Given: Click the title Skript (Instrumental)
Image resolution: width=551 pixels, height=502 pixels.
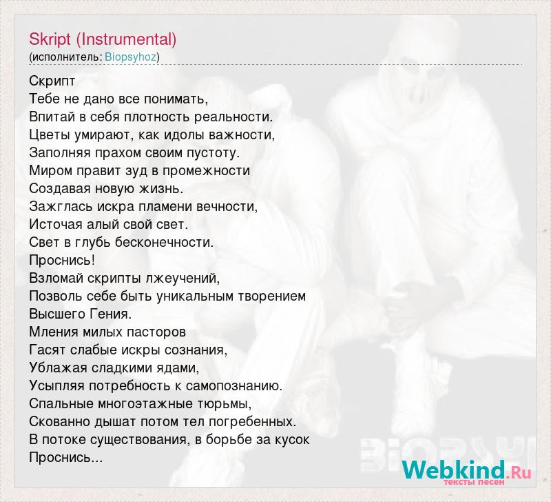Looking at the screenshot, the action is pyautogui.click(x=103, y=39).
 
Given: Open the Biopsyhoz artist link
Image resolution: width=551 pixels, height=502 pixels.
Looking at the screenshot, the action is pyautogui.click(x=130, y=57).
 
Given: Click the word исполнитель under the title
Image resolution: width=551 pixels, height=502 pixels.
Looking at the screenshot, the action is pyautogui.click(x=65, y=57).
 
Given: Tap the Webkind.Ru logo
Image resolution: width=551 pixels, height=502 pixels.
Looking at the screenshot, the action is pyautogui.click(x=467, y=470).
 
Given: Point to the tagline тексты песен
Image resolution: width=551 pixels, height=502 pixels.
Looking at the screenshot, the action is pyautogui.click(x=474, y=481).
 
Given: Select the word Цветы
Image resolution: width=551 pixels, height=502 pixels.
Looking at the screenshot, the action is pyautogui.click(x=50, y=134).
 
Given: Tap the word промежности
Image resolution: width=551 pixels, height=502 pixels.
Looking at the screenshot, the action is pyautogui.click(x=206, y=170).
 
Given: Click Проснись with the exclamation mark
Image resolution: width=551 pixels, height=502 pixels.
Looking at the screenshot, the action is pyautogui.click(x=62, y=261).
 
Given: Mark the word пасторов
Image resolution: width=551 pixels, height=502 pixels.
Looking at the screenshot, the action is pyautogui.click(x=156, y=332).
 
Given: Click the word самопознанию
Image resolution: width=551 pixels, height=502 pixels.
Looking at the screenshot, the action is pyautogui.click(x=234, y=385).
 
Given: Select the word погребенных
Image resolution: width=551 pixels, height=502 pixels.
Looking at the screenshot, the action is pyautogui.click(x=257, y=421).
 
